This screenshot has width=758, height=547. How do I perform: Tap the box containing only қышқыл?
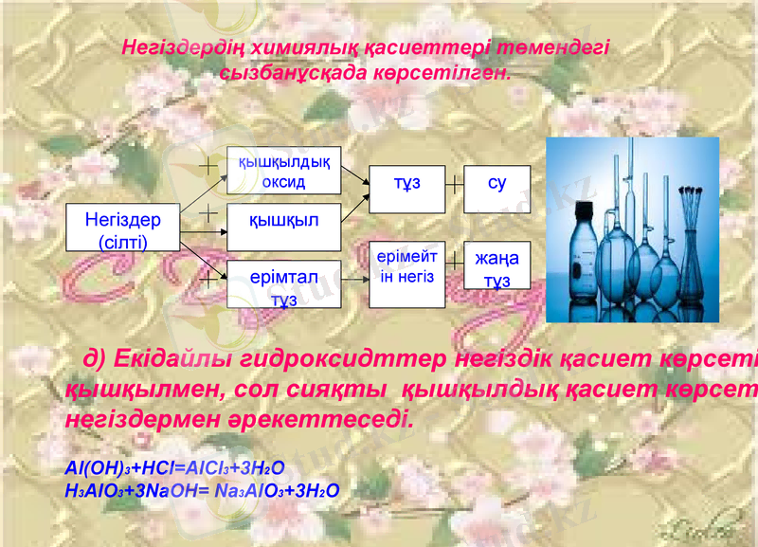point(283,221)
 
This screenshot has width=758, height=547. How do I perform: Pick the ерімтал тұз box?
point(283,283)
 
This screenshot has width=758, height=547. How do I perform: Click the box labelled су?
point(496,184)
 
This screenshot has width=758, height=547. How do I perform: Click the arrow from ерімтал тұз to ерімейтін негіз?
point(354,281)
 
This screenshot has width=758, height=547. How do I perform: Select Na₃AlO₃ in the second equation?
point(247,489)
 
